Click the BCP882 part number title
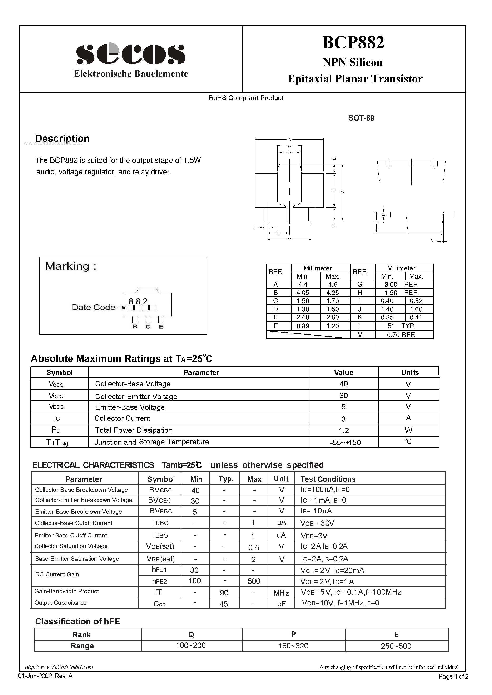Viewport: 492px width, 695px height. (x=353, y=42)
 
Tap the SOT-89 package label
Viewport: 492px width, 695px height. (x=361, y=118)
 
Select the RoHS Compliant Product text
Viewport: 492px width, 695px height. (x=246, y=98)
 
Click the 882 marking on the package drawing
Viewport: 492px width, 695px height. (x=138, y=301)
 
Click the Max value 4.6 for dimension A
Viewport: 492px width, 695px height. (x=333, y=285)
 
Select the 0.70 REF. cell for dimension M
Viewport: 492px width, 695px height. (x=401, y=335)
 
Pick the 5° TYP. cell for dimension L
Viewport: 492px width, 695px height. (x=401, y=326)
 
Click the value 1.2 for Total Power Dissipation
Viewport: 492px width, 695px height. (x=344, y=430)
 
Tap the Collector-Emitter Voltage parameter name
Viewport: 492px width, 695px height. (x=136, y=396)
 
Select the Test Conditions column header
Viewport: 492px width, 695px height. (x=328, y=479)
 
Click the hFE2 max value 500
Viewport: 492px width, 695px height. (x=254, y=581)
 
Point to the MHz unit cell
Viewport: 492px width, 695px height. (x=281, y=593)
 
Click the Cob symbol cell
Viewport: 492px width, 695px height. (x=159, y=604)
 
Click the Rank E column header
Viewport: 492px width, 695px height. (x=396, y=634)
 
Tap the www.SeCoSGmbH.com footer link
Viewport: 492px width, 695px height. (x=59, y=667)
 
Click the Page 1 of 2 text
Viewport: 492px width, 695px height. (x=453, y=676)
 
